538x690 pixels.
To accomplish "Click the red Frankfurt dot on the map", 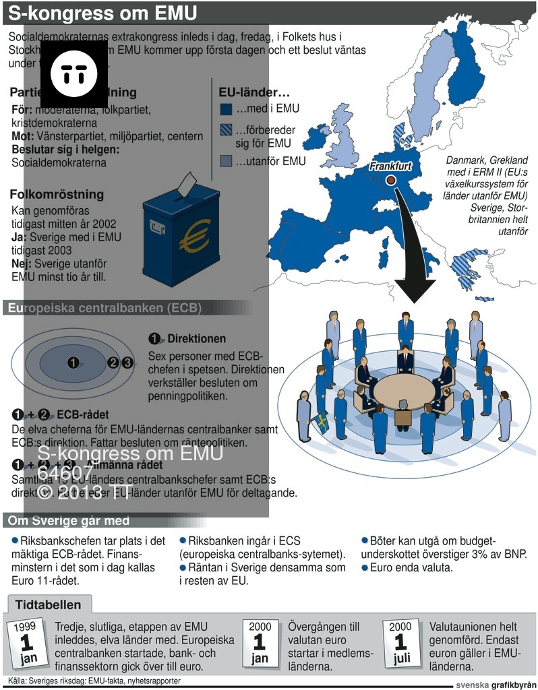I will click(x=390, y=180).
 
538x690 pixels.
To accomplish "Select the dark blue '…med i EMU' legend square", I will click(x=227, y=108).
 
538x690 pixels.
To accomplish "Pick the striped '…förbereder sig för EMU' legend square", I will click(x=227, y=131).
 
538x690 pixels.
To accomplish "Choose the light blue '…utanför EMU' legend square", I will click(x=227, y=161).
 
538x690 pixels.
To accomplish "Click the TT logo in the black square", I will click(x=74, y=73).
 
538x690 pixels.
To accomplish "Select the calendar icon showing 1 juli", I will click(x=400, y=644).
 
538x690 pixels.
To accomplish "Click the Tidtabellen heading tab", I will click(x=49, y=604).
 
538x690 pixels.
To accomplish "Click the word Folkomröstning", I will click(x=57, y=195).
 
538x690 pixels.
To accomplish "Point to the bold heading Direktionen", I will click(x=196, y=338).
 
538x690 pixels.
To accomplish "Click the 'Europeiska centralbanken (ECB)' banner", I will click(x=104, y=309).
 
